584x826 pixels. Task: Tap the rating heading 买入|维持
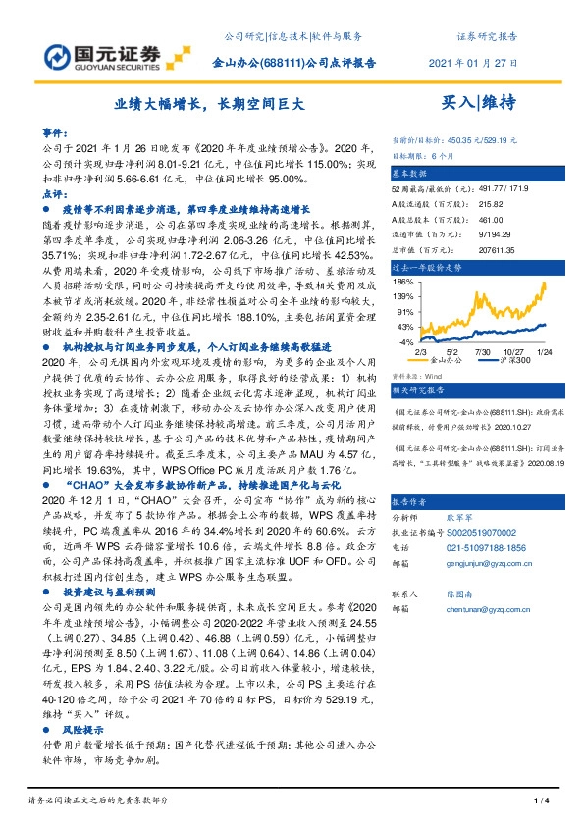pyautogui.click(x=479, y=102)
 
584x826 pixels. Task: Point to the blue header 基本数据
pyautogui.click(x=411, y=171)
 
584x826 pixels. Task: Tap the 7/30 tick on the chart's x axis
pyautogui.click(x=482, y=350)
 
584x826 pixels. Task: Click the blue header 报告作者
pyautogui.click(x=411, y=471)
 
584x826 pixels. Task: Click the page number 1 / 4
pyautogui.click(x=539, y=802)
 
